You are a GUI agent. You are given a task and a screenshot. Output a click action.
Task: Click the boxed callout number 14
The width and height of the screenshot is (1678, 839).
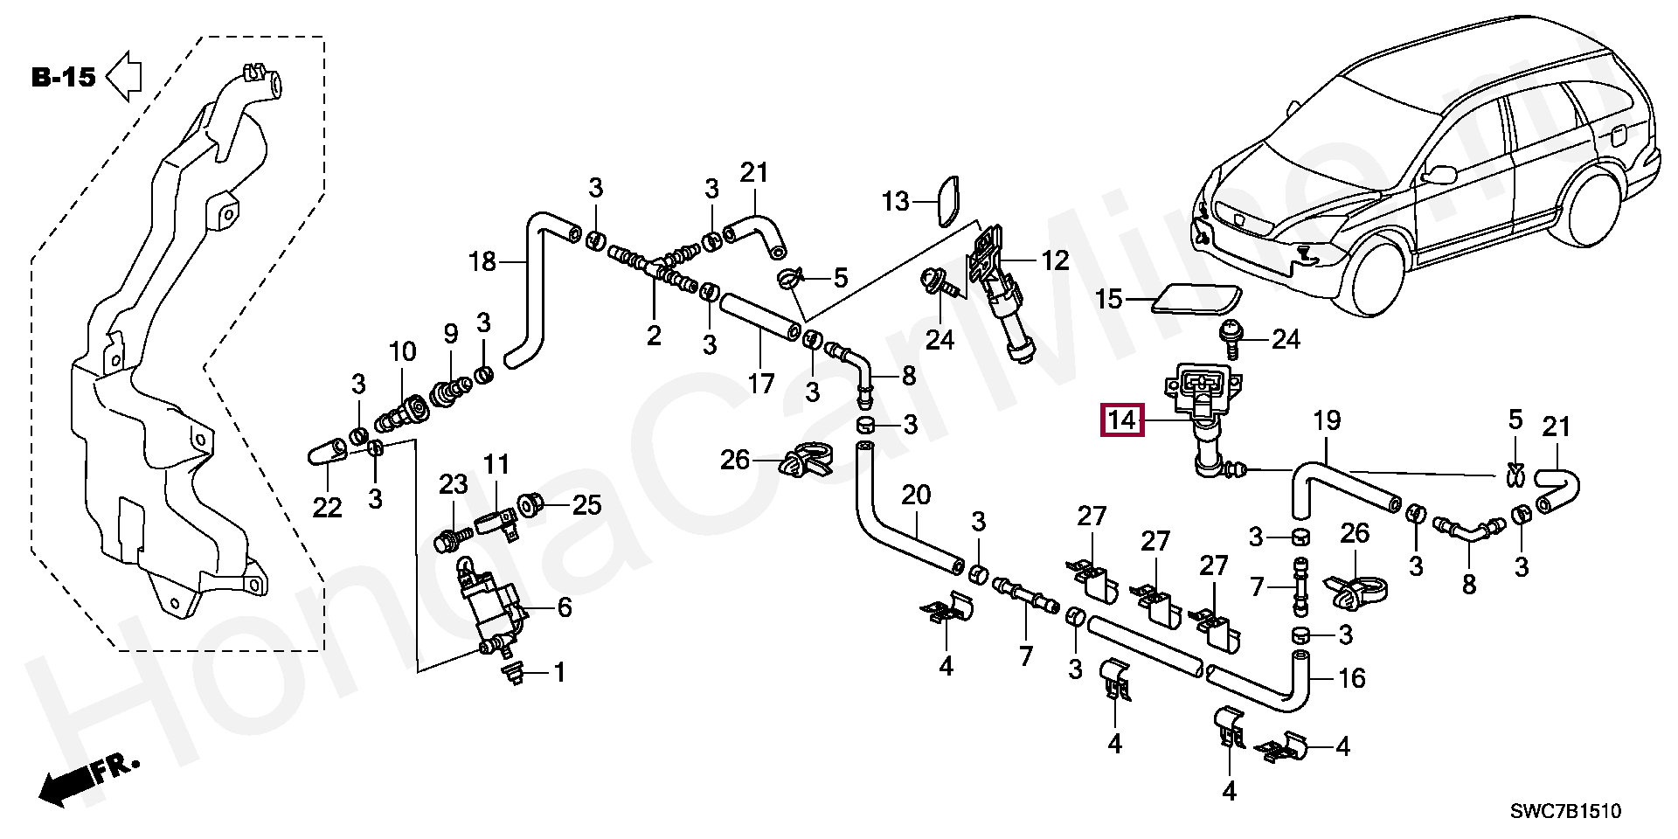point(1122,420)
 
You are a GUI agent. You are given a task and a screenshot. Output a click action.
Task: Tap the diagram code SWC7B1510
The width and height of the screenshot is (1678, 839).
point(1566,812)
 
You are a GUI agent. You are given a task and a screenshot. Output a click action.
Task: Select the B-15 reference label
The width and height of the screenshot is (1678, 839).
point(63,78)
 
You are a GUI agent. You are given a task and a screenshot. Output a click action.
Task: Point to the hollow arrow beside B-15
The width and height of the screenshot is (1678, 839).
point(124,76)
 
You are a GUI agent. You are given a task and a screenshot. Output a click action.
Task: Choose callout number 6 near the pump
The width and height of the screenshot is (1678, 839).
point(565,607)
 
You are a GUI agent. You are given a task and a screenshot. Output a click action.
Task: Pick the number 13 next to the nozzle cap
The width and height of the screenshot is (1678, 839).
point(896,203)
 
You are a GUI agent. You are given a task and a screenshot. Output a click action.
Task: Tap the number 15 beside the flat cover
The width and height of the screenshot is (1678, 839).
point(1109,300)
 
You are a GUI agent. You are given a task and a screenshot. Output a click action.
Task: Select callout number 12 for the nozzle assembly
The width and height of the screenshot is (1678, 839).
point(1055,260)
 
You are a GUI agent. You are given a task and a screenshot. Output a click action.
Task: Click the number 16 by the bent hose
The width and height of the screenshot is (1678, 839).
point(1352,678)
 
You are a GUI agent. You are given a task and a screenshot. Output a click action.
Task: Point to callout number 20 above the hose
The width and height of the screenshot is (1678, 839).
point(916,496)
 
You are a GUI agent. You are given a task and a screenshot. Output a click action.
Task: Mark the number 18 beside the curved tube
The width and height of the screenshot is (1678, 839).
point(482,261)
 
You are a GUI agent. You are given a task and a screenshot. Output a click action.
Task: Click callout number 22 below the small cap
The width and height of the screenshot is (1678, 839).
point(327,507)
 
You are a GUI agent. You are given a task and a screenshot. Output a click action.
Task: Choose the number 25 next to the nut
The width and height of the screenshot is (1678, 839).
point(586,504)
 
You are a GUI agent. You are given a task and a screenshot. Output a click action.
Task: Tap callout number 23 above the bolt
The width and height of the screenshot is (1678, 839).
point(454,484)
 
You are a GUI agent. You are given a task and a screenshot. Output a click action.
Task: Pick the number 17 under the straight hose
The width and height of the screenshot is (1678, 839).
point(760,383)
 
